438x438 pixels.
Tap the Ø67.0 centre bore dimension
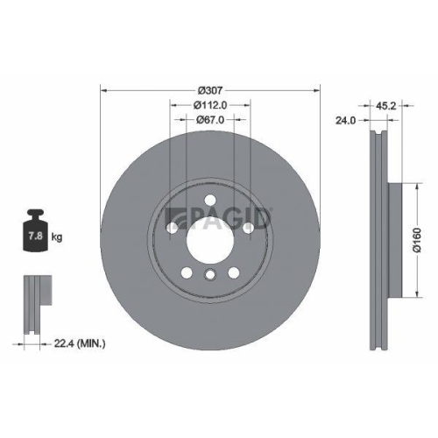click(210, 119)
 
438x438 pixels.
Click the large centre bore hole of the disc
click(210, 237)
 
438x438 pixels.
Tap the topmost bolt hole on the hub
click(210, 203)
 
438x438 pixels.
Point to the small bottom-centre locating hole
click(210, 276)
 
